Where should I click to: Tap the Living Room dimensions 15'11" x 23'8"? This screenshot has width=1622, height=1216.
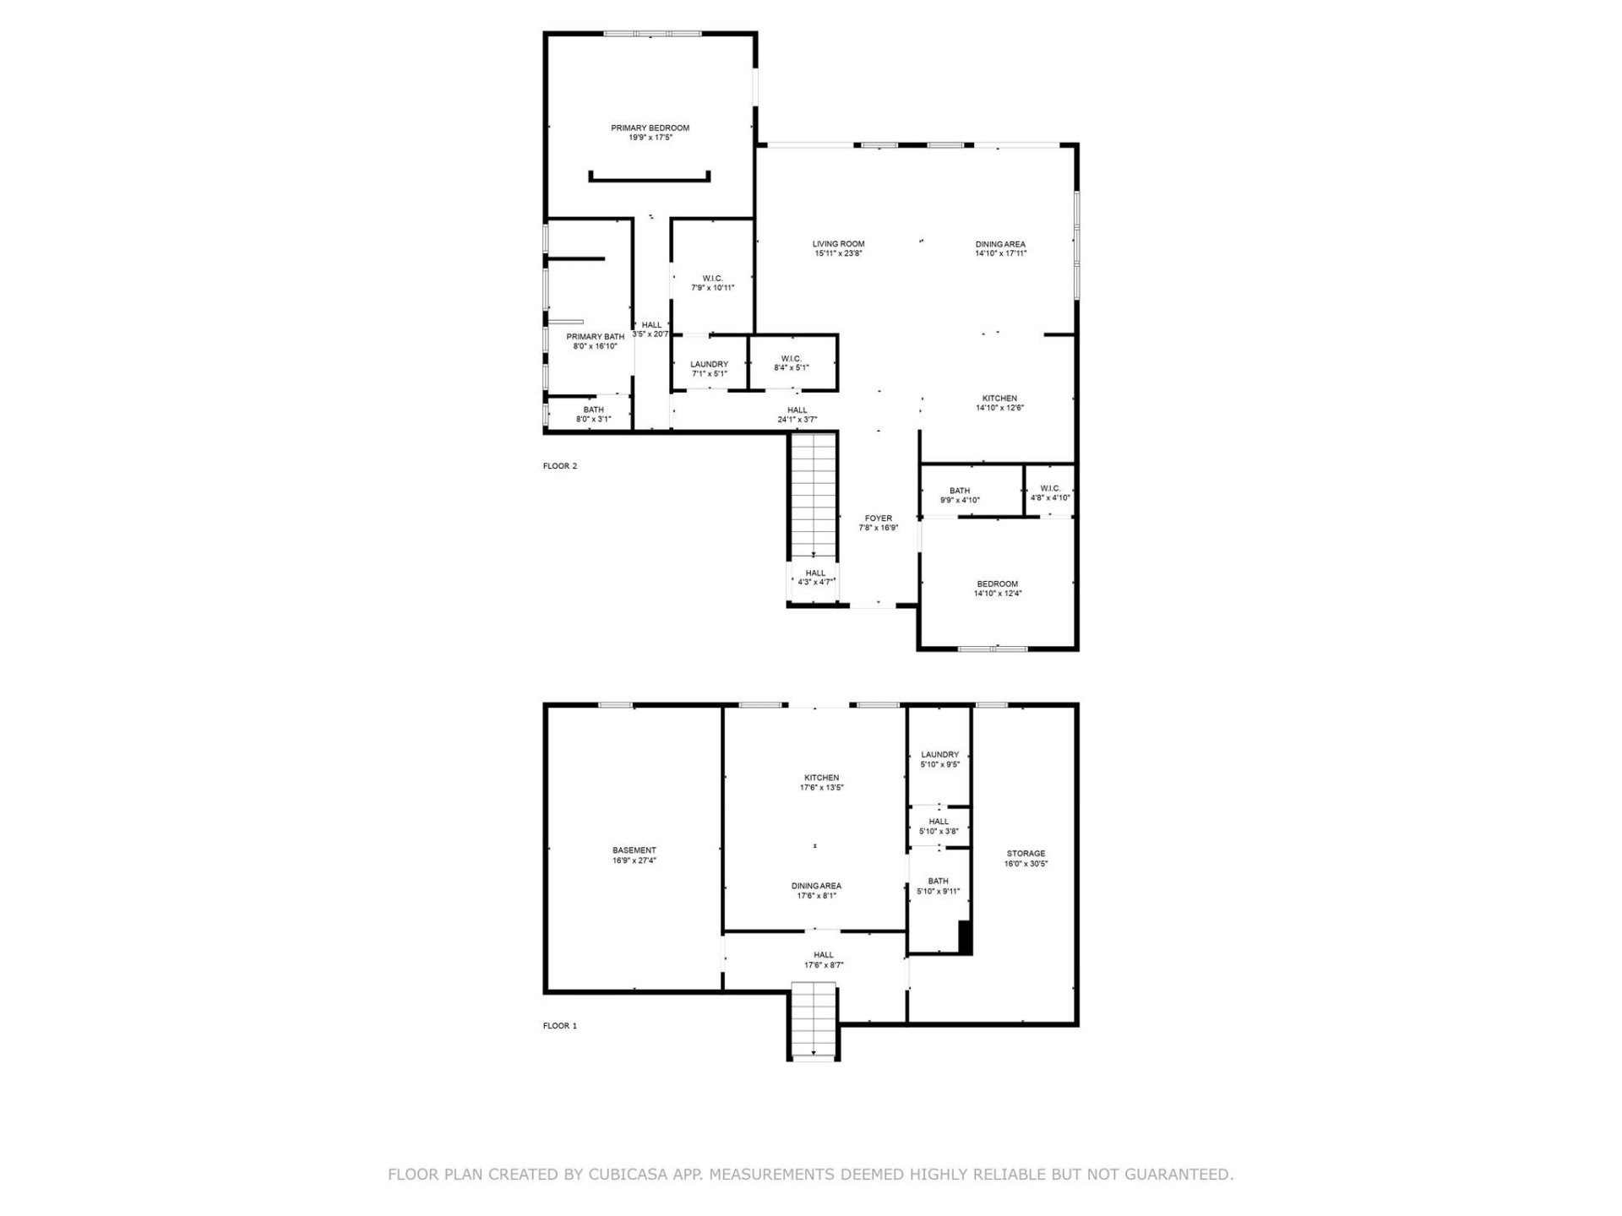[838, 253]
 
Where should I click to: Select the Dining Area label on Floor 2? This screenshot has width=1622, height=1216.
[1000, 244]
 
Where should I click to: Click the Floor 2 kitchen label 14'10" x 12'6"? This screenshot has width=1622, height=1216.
[999, 403]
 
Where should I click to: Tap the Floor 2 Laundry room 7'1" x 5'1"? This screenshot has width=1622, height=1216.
[709, 369]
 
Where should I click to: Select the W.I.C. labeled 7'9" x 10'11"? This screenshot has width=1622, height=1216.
[712, 283]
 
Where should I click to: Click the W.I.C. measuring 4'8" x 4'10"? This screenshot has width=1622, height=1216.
[1050, 493]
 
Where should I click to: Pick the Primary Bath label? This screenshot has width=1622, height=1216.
[595, 337]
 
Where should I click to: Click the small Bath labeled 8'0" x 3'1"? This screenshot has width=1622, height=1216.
[593, 414]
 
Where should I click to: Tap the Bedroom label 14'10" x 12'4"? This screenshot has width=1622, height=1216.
[997, 589]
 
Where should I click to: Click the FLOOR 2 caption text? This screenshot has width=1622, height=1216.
[559, 466]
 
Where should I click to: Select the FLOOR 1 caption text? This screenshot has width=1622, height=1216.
[559, 1026]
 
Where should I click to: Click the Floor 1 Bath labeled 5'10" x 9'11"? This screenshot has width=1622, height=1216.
[938, 886]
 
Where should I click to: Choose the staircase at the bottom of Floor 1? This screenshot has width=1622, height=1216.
[813, 1020]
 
